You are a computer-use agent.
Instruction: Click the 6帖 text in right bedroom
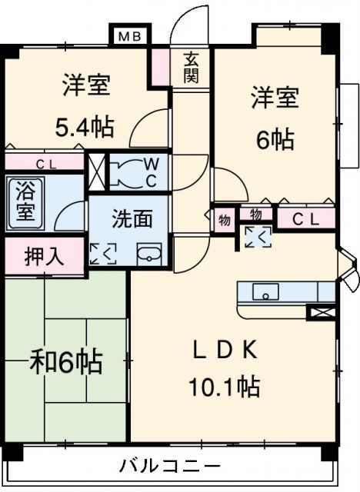click(x=275, y=140)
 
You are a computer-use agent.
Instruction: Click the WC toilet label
click(x=152, y=173)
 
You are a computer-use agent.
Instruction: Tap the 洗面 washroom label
click(x=132, y=219)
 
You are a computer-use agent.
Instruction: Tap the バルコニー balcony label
click(x=169, y=466)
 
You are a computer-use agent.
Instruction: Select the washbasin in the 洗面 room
click(x=148, y=255)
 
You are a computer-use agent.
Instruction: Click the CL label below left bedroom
click(x=45, y=162)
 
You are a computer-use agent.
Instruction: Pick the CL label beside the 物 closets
click(x=308, y=219)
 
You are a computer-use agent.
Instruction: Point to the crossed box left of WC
click(x=98, y=171)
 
